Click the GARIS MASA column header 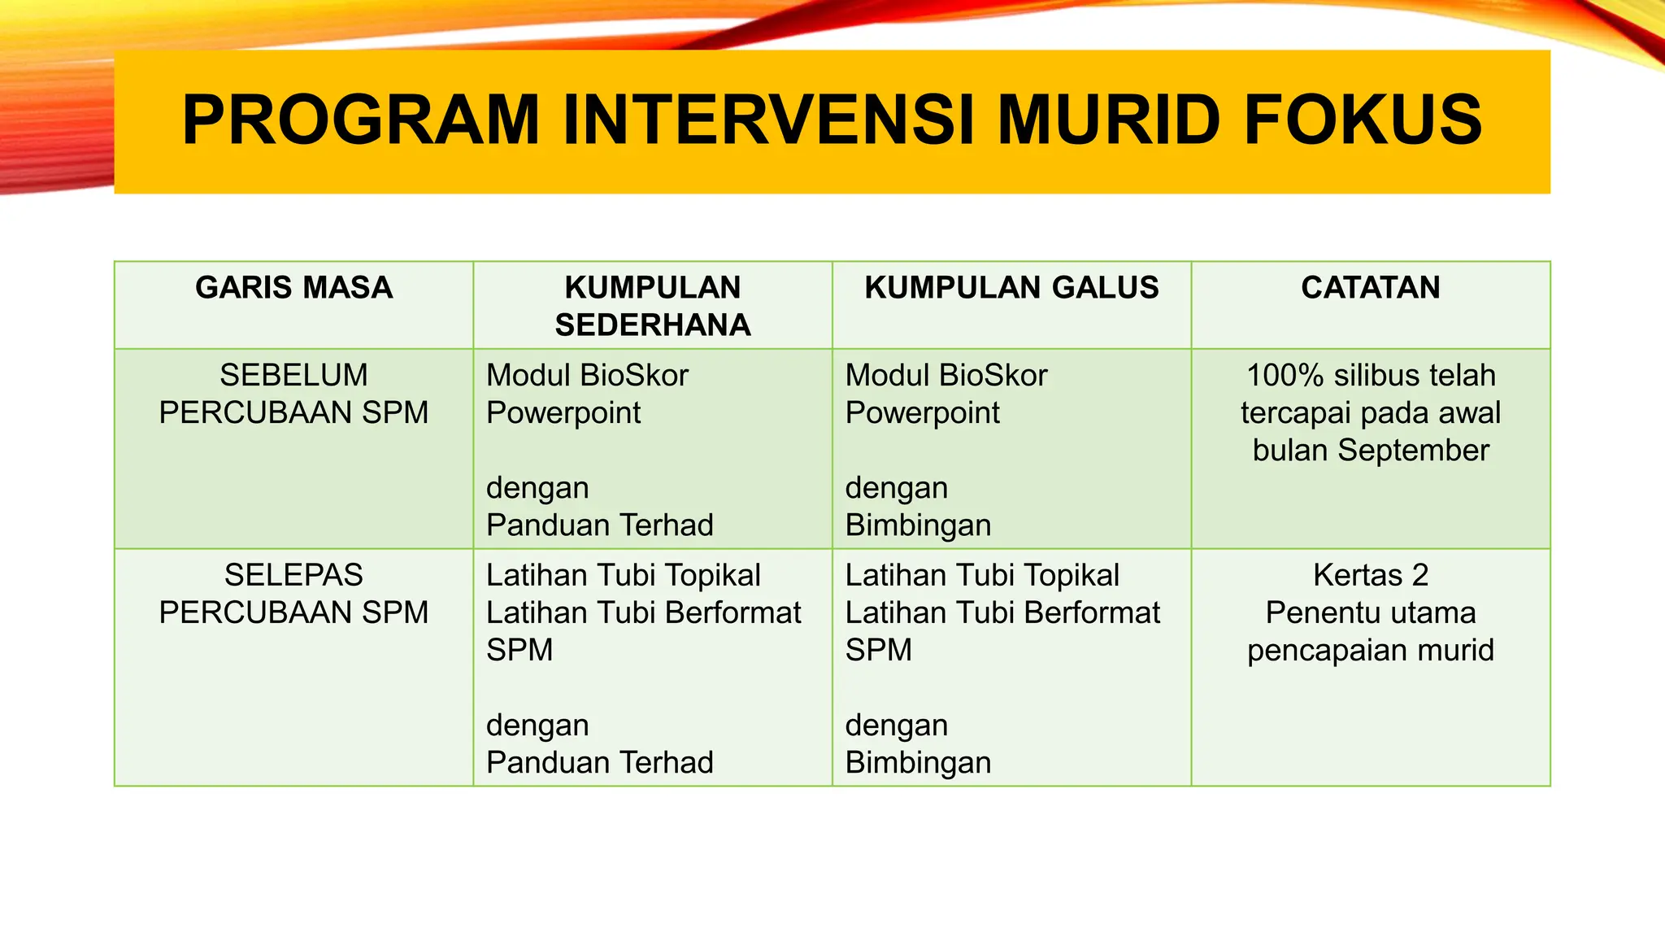(x=293, y=288)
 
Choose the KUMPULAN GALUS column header (x=1011, y=288)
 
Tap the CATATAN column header (x=1371, y=288)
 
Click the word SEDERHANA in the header (x=653, y=325)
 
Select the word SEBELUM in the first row (x=293, y=376)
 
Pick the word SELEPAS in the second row (x=293, y=576)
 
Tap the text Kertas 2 (x=1371, y=576)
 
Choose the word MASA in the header (x=350, y=288)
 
